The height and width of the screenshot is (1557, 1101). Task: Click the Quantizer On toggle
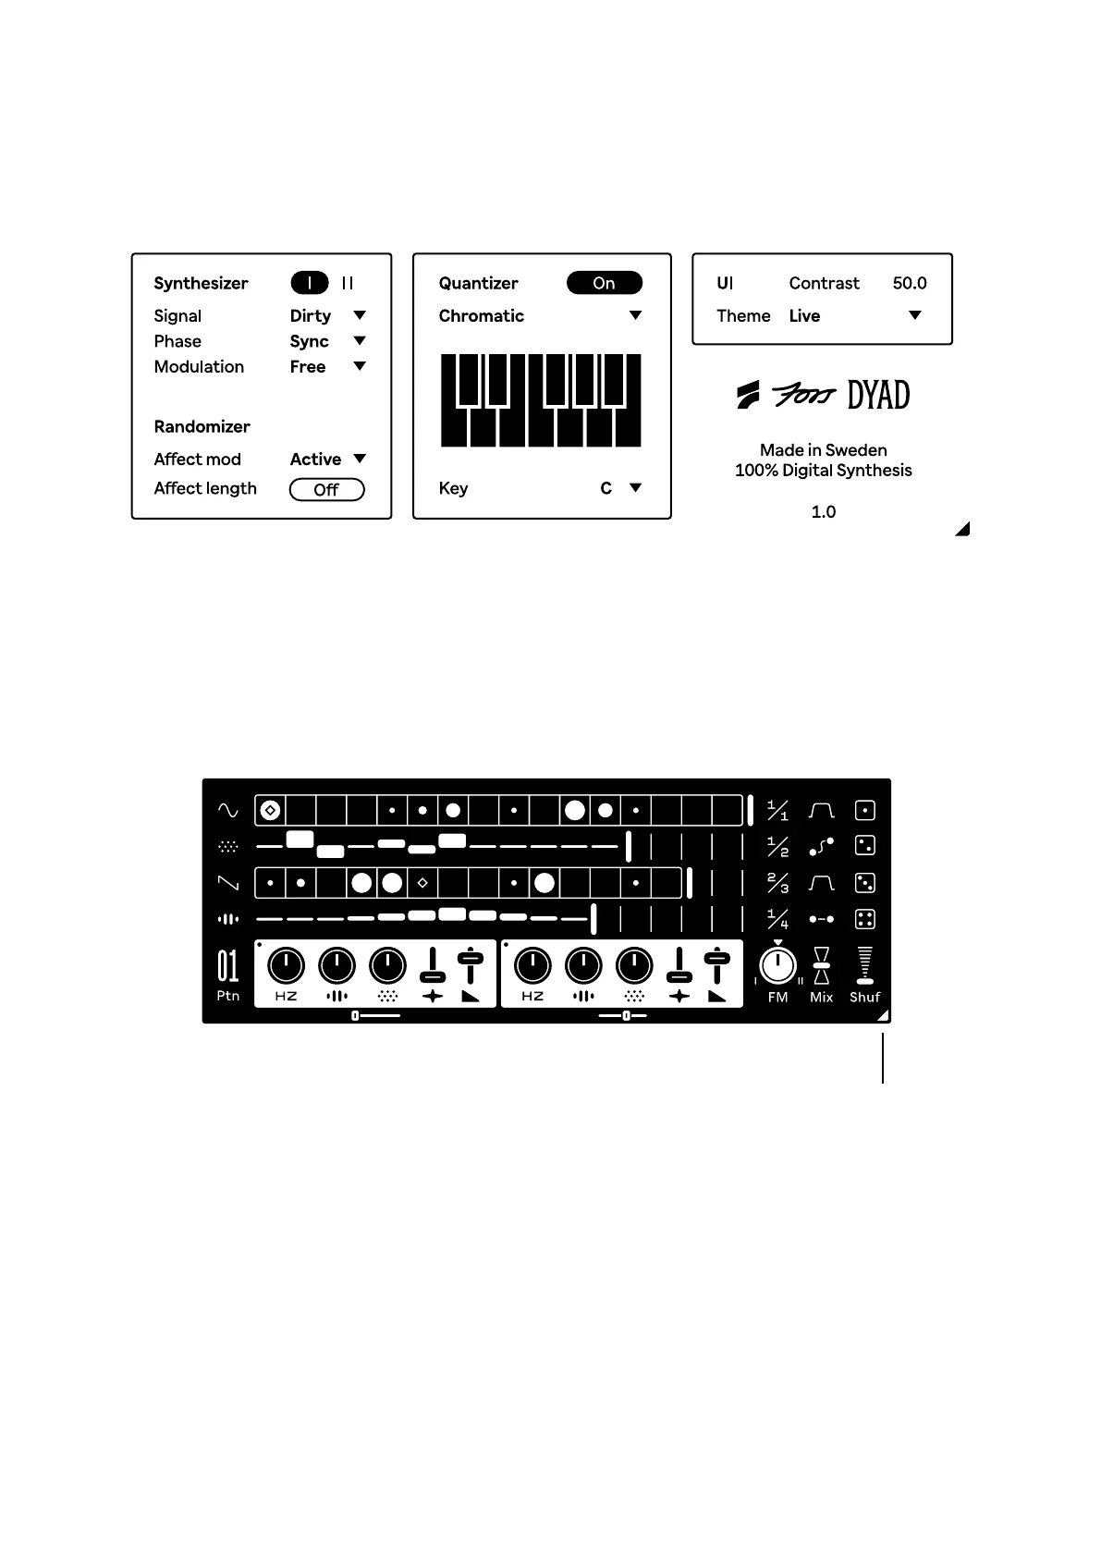click(x=604, y=283)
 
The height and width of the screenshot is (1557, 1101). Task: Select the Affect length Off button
click(x=326, y=489)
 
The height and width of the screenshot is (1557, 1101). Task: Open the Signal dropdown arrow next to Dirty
click(x=360, y=315)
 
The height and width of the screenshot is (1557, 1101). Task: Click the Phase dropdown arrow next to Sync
click(x=360, y=341)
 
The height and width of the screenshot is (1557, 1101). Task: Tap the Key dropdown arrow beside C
click(x=635, y=487)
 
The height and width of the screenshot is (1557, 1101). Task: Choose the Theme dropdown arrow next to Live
click(x=914, y=315)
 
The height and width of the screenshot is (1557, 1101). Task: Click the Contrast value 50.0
click(x=909, y=283)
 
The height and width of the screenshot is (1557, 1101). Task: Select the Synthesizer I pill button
click(x=310, y=283)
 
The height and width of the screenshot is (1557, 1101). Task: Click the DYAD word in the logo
click(x=878, y=396)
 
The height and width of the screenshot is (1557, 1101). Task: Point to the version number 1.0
click(x=823, y=511)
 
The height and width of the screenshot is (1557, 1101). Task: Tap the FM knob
click(x=777, y=966)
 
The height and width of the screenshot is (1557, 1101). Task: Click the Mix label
click(x=821, y=997)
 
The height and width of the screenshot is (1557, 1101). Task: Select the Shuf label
click(x=864, y=997)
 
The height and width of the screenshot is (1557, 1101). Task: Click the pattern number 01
click(x=227, y=966)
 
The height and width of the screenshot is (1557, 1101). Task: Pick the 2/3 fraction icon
click(x=777, y=883)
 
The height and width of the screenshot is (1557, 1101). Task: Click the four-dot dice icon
click(x=864, y=919)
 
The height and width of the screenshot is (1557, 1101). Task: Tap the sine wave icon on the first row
click(x=227, y=811)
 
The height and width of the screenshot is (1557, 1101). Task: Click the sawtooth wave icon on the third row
click(x=227, y=883)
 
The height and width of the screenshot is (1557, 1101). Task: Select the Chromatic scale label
click(x=481, y=315)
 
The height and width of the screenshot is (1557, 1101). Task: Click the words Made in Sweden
click(x=823, y=450)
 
